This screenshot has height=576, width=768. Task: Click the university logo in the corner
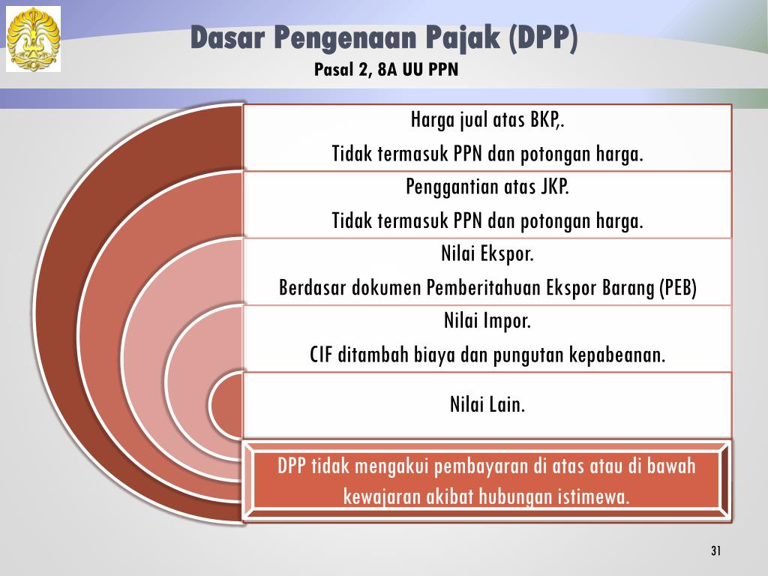coord(33,39)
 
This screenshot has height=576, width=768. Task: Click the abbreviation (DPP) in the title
coord(543,38)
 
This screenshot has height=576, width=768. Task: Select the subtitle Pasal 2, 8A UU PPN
coord(386,70)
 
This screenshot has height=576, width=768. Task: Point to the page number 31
coord(715,550)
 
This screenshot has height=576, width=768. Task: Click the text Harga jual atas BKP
coord(487,119)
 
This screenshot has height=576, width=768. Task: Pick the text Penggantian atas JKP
coord(487,187)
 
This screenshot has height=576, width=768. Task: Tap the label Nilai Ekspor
coord(487,253)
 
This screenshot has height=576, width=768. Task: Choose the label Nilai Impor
coord(487,321)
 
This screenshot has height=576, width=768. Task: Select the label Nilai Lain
coord(487,404)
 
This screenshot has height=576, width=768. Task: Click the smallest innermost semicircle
coord(226,405)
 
